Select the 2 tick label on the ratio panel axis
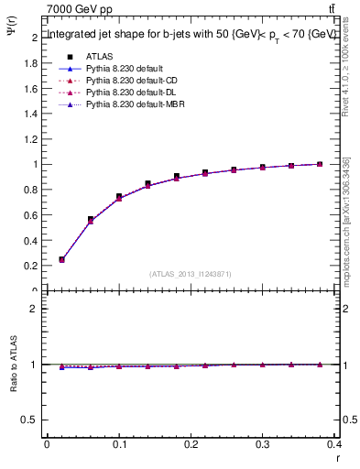point(37,309)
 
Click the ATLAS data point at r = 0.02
point(61,259)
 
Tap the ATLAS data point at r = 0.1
point(119,197)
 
